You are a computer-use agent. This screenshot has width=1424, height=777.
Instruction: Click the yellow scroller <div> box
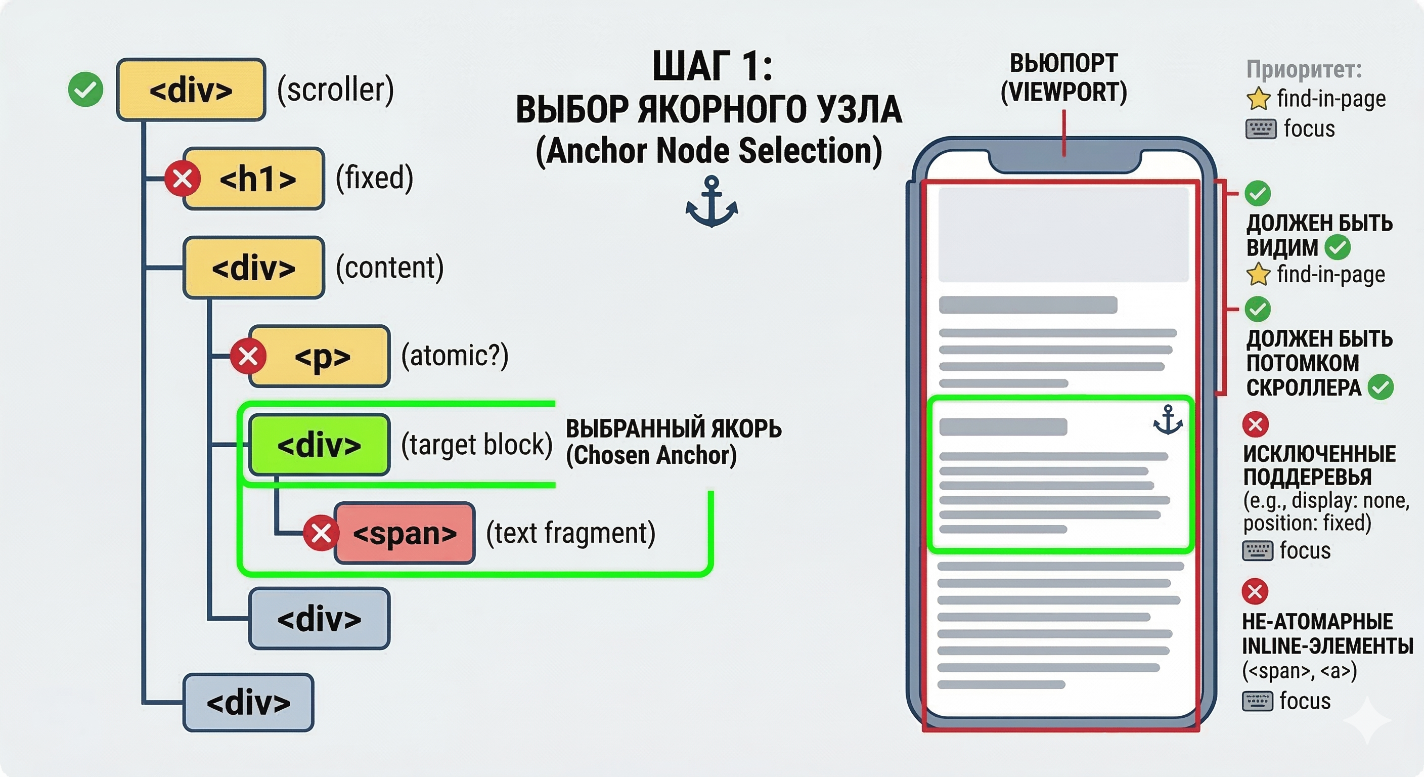tap(191, 90)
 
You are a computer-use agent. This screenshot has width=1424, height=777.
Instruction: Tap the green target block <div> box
tap(319, 445)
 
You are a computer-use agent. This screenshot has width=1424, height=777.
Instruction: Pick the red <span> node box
tap(405, 533)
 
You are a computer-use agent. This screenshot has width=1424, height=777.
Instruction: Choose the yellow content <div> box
tap(254, 268)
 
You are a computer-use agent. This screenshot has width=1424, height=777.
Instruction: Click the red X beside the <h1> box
tap(183, 179)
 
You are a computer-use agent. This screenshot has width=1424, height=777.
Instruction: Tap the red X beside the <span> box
tap(321, 533)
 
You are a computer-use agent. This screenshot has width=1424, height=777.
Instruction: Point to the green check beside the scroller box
tap(85, 89)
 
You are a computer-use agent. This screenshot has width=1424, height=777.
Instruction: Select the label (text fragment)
tap(570, 533)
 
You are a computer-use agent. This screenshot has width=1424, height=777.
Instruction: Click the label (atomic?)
tap(455, 356)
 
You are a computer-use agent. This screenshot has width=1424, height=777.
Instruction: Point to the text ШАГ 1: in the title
tap(712, 66)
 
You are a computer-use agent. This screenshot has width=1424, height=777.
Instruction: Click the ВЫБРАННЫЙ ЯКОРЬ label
tap(673, 429)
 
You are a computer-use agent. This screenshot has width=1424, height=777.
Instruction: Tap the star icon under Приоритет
tap(1258, 99)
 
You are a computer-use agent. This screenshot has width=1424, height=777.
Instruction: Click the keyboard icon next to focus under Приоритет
tap(1260, 129)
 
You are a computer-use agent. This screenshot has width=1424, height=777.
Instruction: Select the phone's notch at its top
tap(1064, 161)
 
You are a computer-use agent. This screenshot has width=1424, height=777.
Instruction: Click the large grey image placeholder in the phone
tap(1063, 235)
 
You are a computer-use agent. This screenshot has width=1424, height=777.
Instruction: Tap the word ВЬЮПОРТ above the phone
tap(1063, 63)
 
